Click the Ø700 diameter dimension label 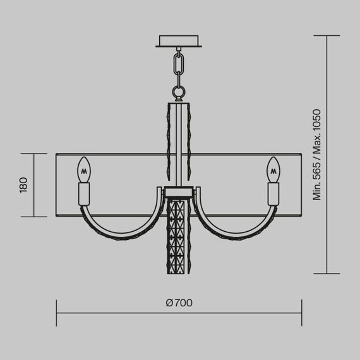coord(179,303)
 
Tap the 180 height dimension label coord(23,185)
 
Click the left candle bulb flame coord(85,169)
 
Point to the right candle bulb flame coord(273,169)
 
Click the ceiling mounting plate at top coord(179,40)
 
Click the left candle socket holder coord(85,193)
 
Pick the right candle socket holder coord(273,193)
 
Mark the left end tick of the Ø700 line coord(57,313)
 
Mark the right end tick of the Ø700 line coord(301,313)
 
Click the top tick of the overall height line coord(327,35)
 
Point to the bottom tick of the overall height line coord(327,273)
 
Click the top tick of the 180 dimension coord(34,153)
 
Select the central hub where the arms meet coord(179,191)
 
